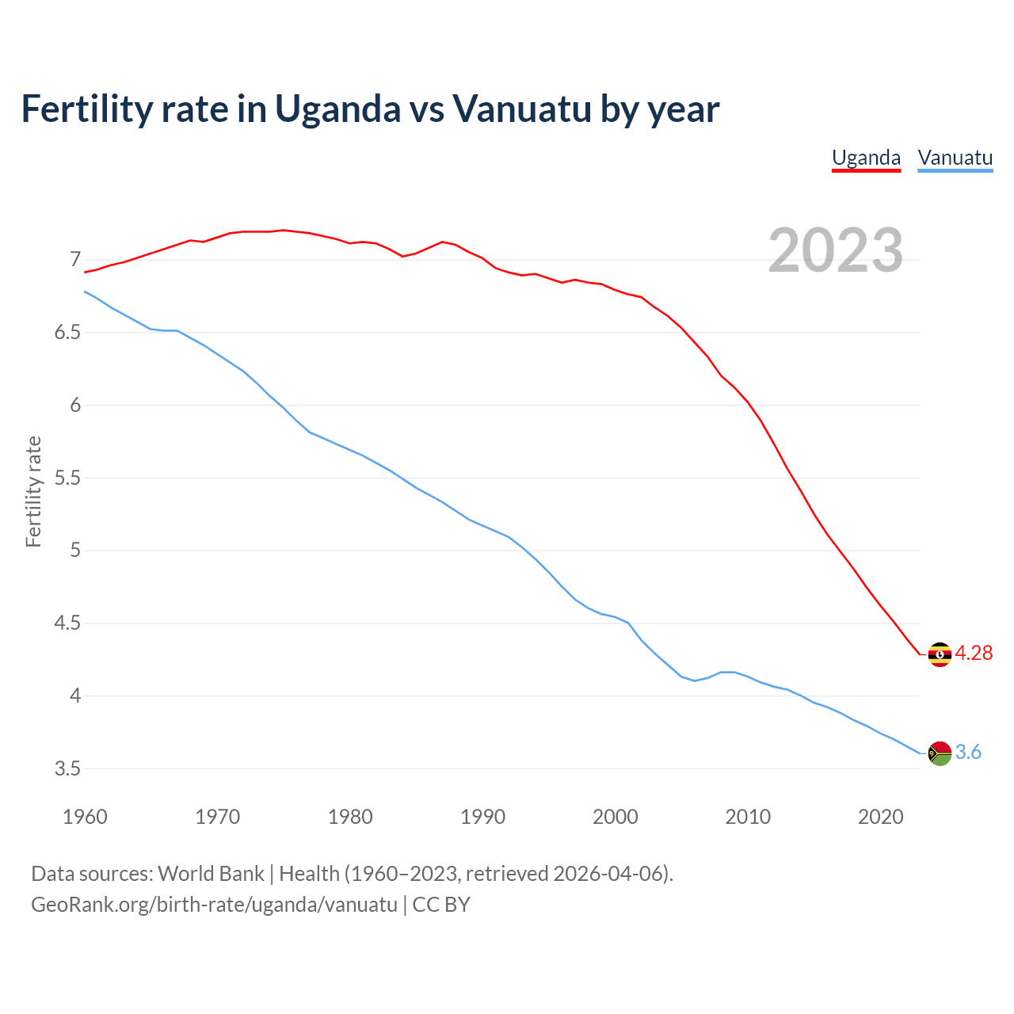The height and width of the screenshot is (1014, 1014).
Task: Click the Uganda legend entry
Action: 866,158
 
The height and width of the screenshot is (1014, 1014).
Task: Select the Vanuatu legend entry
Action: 955,158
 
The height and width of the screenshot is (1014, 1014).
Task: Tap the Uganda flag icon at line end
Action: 940,654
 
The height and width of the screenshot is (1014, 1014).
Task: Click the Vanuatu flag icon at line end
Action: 940,753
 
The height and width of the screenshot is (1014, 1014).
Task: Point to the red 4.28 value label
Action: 974,653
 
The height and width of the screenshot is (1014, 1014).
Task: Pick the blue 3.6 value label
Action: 968,753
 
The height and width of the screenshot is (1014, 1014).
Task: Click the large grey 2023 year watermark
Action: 836,250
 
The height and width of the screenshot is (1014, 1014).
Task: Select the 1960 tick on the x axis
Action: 85,817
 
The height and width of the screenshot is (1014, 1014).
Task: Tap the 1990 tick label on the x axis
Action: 482,817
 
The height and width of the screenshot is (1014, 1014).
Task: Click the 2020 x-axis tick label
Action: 880,817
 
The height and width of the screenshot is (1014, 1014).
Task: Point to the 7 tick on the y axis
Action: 75,260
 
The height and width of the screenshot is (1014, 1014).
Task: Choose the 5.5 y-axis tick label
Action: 67,478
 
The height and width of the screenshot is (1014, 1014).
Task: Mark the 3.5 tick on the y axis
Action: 67,768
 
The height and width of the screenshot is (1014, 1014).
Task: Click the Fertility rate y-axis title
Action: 33,491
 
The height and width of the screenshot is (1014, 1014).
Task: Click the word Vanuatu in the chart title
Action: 521,109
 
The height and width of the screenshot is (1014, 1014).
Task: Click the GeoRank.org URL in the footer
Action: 214,904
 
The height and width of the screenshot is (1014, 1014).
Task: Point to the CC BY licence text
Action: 441,904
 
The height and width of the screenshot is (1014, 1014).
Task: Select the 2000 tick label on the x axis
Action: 615,817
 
